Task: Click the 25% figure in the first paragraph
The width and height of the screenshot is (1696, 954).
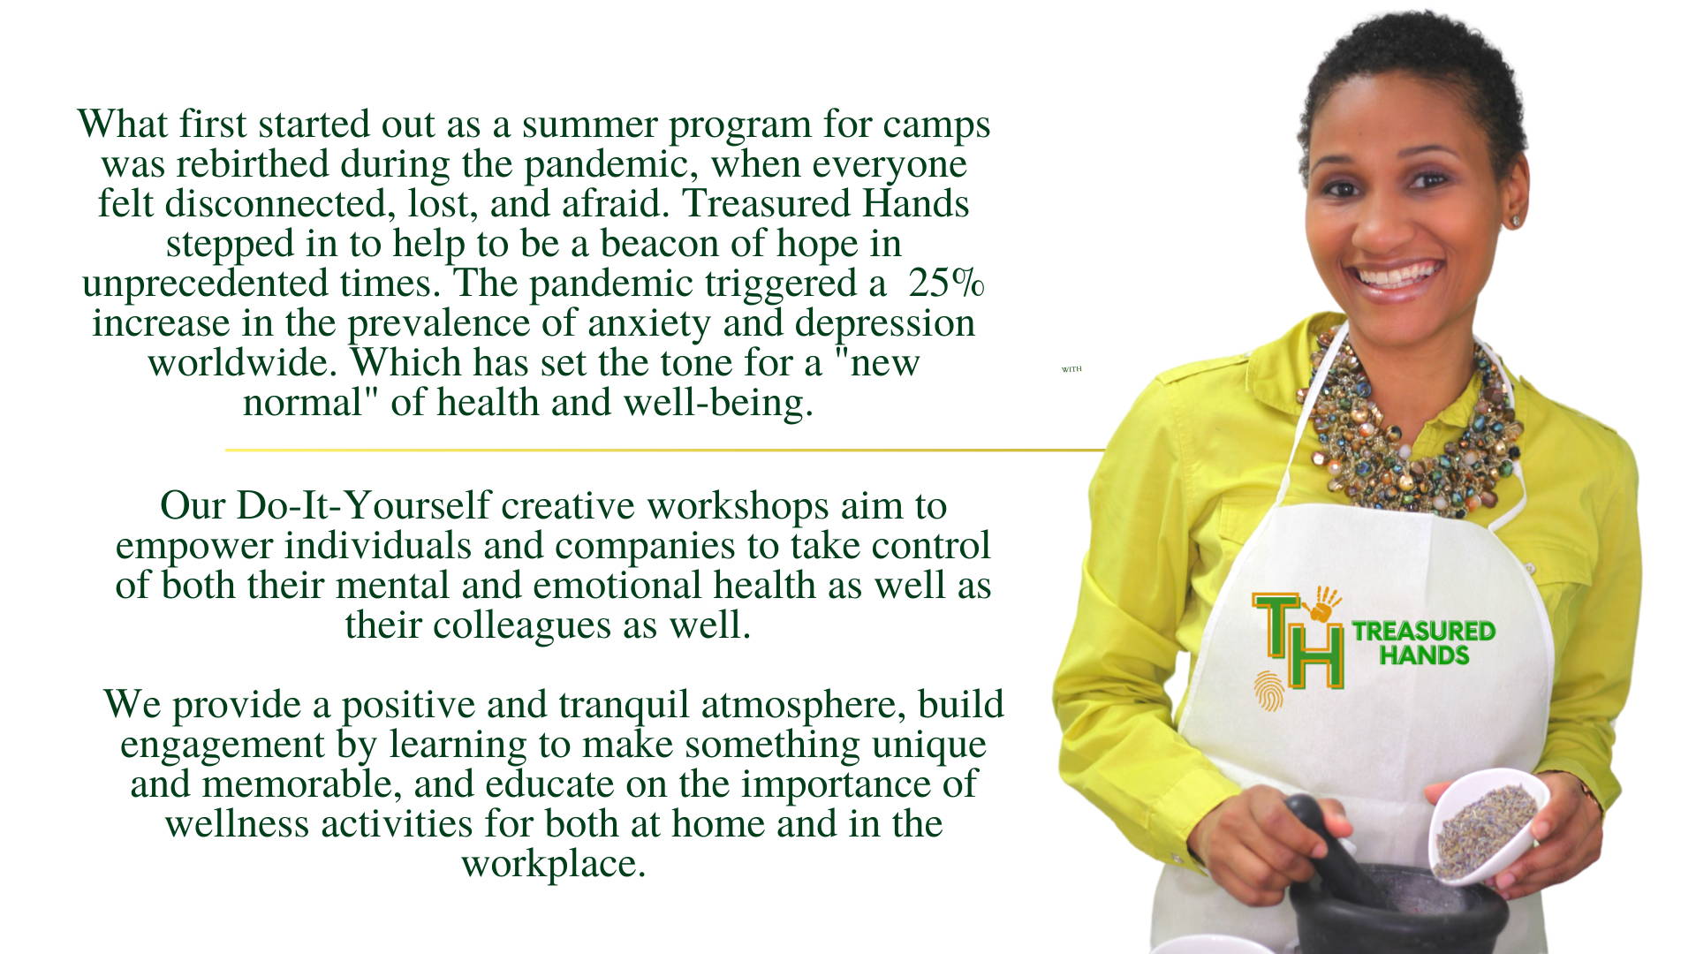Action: [x=946, y=283]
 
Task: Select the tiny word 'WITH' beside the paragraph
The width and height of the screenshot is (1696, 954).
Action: [x=1071, y=369]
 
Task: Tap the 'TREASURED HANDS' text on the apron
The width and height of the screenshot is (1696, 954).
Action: [x=1423, y=643]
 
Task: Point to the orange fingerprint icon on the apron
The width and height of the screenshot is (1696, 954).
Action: [x=1268, y=691]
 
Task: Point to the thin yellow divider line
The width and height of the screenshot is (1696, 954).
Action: [x=665, y=450]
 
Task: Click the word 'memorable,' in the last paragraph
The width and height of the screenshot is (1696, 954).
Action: [x=302, y=784]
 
